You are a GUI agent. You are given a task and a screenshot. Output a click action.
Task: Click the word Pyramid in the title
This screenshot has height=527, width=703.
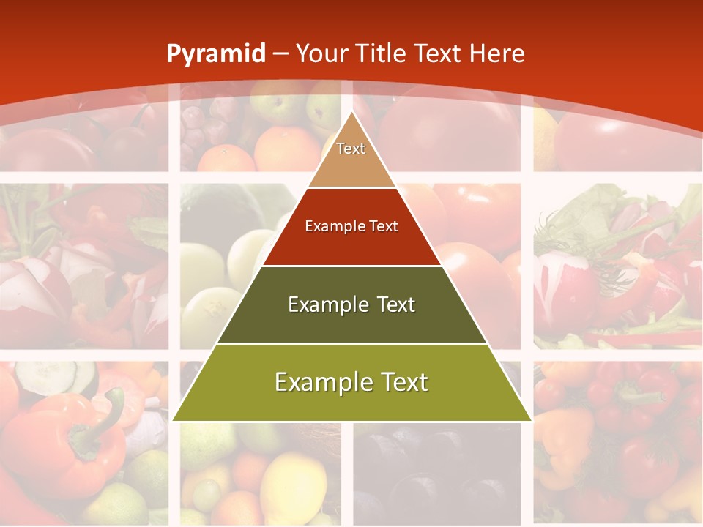click(x=215, y=54)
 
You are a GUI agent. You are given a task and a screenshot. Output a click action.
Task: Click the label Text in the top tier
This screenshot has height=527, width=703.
click(x=351, y=149)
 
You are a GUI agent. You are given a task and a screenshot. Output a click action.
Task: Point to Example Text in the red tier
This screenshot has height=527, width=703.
click(x=351, y=226)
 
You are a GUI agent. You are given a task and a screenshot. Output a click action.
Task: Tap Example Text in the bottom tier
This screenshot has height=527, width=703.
click(x=351, y=382)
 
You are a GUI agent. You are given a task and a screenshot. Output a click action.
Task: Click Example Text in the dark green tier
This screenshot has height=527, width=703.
click(x=351, y=304)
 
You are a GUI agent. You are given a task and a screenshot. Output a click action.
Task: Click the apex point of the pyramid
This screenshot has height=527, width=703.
click(x=351, y=113)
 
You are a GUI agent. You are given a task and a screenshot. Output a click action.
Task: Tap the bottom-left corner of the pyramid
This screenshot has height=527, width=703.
click(x=174, y=420)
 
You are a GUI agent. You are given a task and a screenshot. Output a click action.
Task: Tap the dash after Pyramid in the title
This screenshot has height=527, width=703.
click(x=280, y=54)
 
